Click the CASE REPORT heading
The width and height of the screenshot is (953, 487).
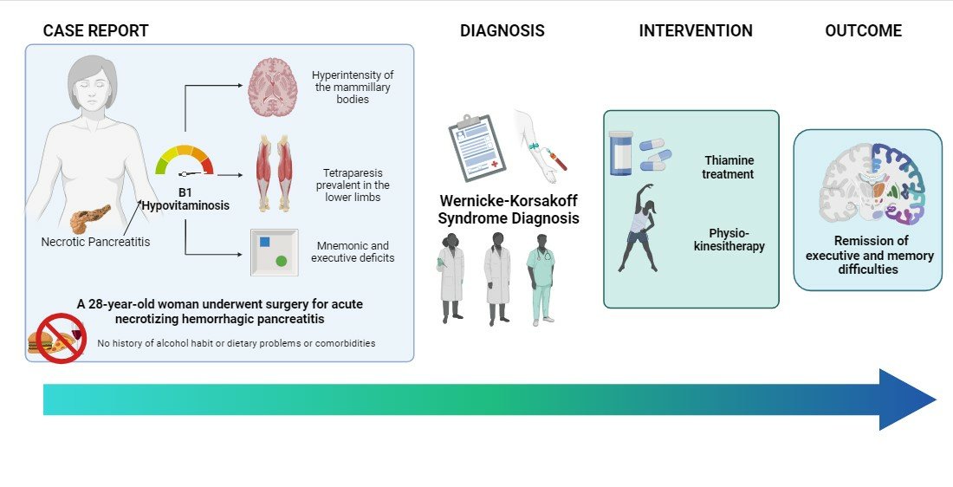click(96, 31)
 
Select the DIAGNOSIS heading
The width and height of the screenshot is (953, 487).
click(502, 31)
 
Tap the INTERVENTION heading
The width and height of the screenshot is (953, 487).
click(696, 31)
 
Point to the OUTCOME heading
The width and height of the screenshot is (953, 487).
click(863, 31)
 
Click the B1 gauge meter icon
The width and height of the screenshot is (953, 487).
click(184, 159)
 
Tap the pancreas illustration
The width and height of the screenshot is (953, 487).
click(90, 218)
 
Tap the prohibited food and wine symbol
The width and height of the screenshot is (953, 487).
click(59, 337)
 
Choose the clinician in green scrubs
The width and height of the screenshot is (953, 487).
click(541, 278)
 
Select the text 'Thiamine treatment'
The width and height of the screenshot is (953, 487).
click(729, 167)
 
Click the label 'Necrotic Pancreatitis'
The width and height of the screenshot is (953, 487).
click(95, 242)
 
